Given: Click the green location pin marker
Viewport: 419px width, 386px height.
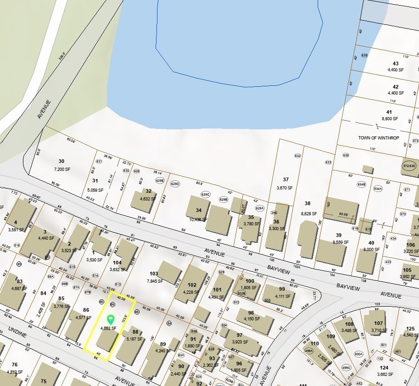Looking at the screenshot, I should coord(110,319).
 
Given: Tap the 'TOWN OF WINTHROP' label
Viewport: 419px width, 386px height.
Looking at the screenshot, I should coord(379,138).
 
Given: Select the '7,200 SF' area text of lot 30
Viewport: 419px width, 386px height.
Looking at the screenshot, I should coord(61,169).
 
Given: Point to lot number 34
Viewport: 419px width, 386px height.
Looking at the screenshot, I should coord(198,210).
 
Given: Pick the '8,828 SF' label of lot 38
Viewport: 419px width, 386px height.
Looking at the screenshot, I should coord(307,213).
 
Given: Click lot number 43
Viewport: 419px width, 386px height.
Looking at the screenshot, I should coord(396,63).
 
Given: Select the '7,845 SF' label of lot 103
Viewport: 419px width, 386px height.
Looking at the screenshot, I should coord(154,281).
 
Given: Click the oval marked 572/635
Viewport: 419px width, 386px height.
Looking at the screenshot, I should coord(409,166).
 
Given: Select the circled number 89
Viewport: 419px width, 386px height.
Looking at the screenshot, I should coord(19,264).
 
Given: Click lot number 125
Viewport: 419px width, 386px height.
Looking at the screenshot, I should coord(410,329).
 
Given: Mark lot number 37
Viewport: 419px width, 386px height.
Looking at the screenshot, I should coord(285,179).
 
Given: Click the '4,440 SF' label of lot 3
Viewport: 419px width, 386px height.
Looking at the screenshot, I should coord(45,238).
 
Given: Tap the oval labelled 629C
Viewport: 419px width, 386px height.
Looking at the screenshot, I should coord(205,195).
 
